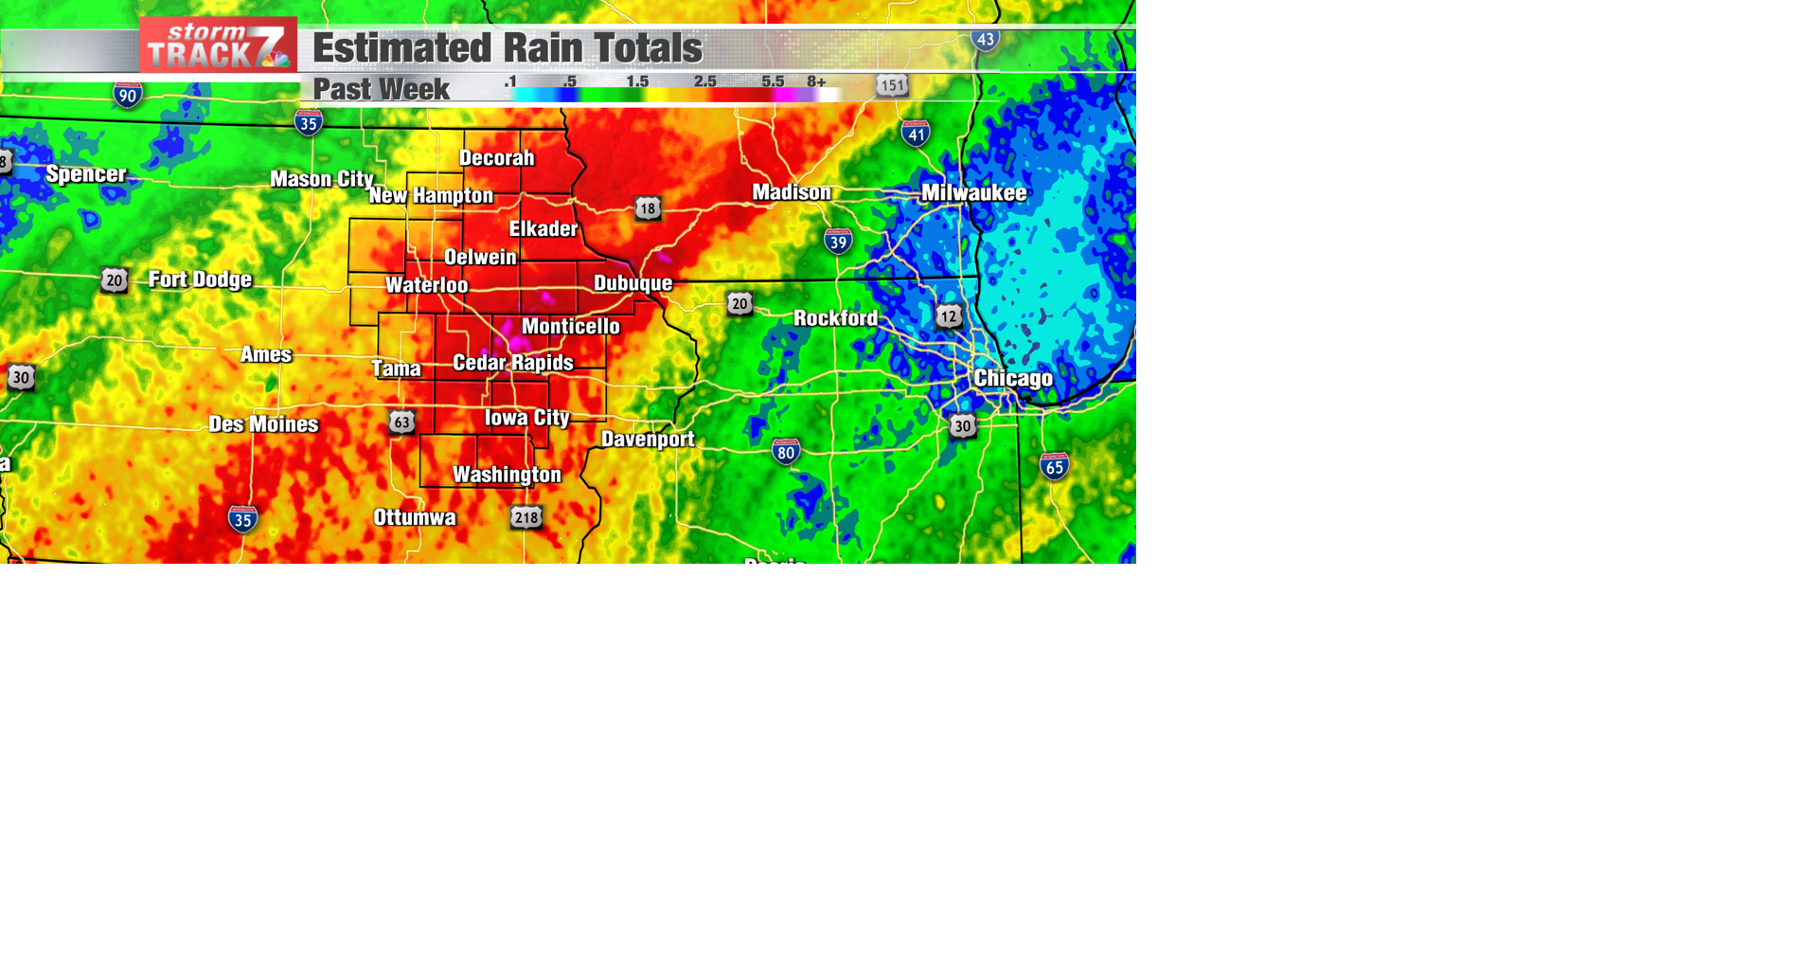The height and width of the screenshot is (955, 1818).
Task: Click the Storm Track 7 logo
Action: tap(218, 45)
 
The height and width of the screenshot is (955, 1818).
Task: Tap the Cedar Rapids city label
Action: tap(512, 363)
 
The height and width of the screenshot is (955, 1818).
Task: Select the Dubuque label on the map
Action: tap(633, 283)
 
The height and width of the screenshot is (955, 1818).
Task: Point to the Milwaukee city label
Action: tap(973, 193)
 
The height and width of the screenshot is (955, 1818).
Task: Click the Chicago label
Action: tap(1013, 379)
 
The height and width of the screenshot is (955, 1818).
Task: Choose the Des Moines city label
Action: tap(263, 424)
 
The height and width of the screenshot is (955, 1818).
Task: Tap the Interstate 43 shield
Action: tap(986, 40)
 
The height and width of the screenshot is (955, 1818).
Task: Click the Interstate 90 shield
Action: tap(128, 95)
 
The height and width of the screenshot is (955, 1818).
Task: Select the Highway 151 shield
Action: tap(891, 85)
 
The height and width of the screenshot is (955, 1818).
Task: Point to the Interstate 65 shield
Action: tap(1054, 466)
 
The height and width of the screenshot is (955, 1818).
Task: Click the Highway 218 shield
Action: tap(526, 517)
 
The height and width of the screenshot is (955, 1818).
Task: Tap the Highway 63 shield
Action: tap(401, 422)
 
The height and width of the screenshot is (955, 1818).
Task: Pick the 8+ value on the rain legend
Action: tap(816, 81)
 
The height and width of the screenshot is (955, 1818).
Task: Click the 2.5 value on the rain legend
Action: tap(704, 81)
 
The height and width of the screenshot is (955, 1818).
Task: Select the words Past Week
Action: tap(381, 89)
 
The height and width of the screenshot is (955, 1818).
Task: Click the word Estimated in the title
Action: tap(401, 48)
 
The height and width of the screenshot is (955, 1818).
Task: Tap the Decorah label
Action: tap(497, 158)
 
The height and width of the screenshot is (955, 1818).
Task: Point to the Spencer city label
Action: tap(86, 174)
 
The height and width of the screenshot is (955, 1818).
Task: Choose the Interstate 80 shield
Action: tap(786, 452)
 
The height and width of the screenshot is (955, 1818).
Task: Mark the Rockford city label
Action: tap(835, 318)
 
